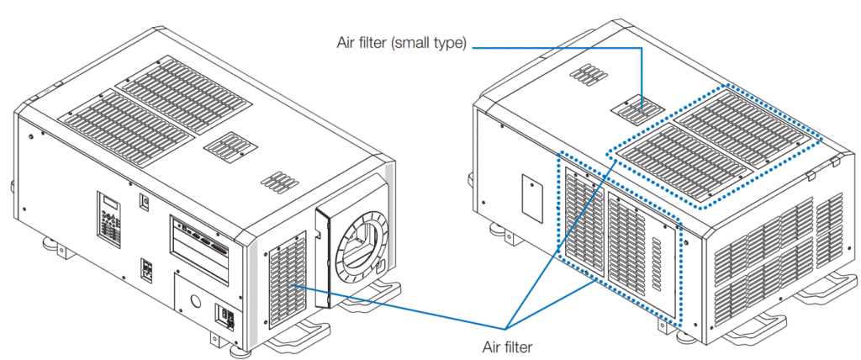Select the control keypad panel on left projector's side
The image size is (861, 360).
point(109,217)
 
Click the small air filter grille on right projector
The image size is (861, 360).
point(637,108)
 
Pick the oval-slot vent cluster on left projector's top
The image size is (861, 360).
point(274,182)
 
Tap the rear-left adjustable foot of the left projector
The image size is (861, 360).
point(50,248)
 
